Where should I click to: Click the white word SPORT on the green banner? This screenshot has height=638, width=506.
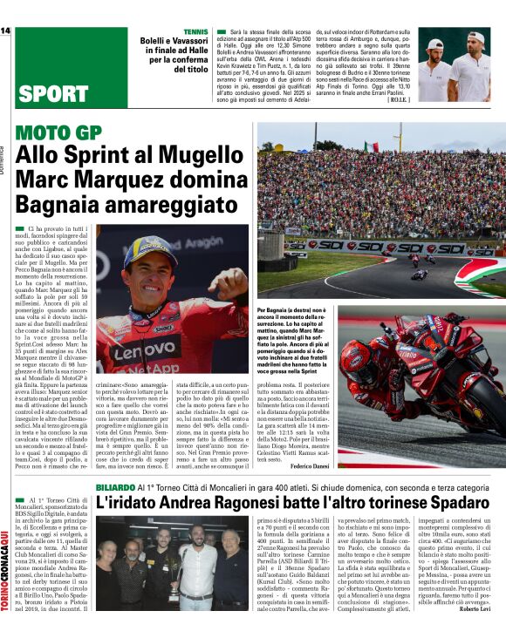(52, 93)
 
